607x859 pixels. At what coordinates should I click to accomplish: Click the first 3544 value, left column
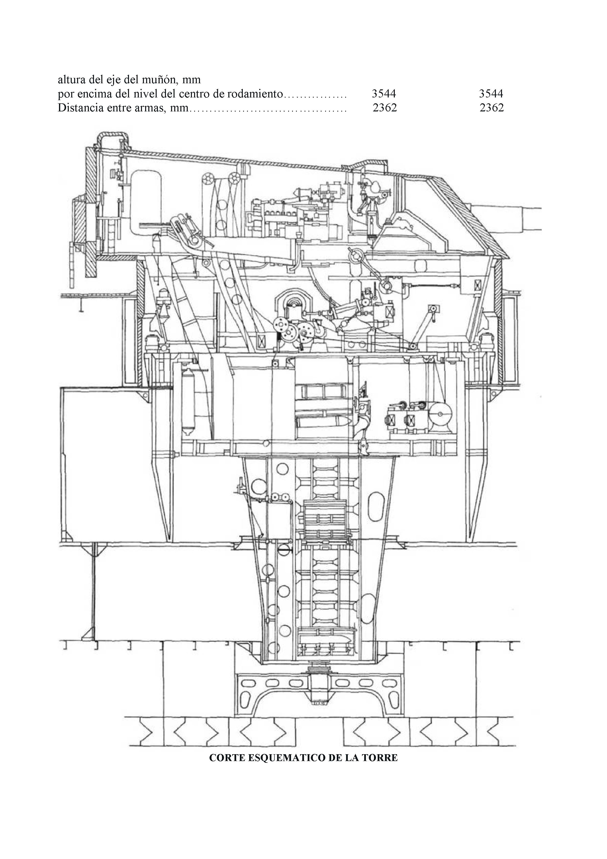click(384, 94)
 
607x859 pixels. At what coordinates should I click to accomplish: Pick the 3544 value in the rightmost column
click(491, 94)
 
